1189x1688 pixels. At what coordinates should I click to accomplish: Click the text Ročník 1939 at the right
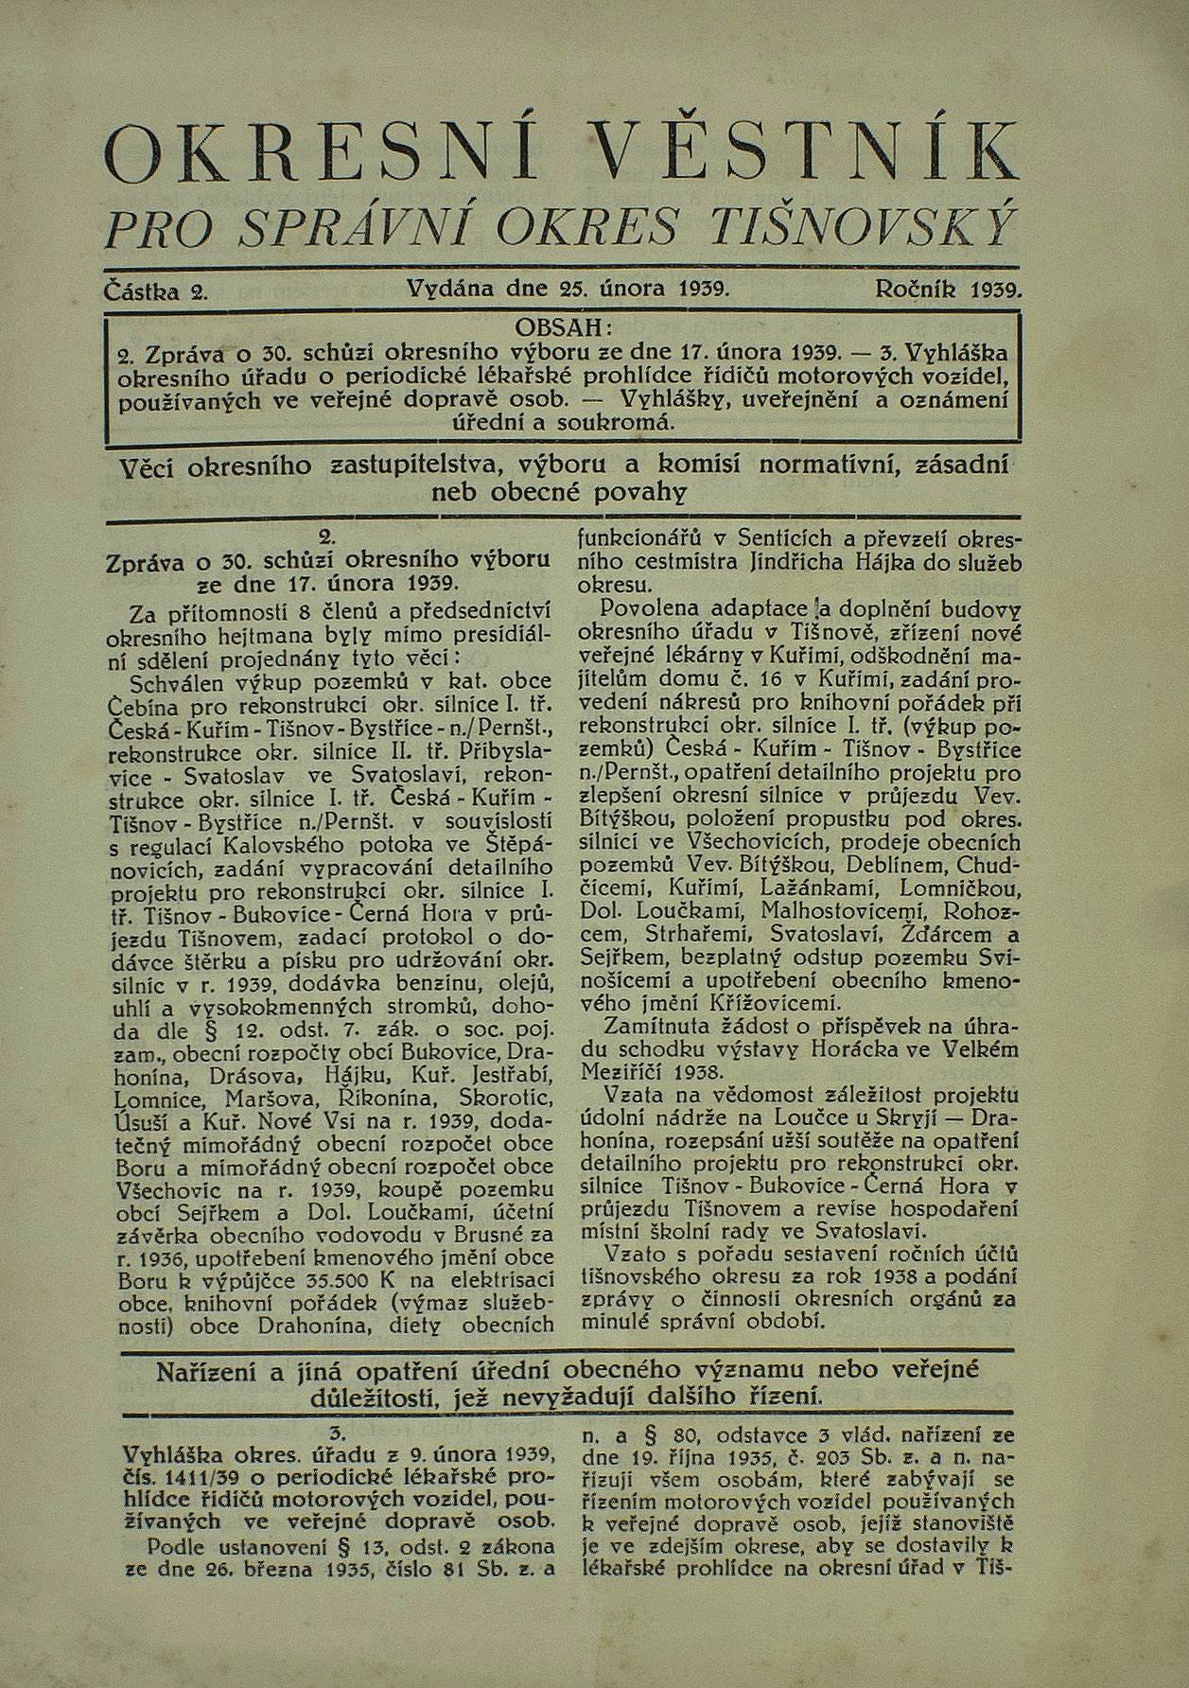pyautogui.click(x=949, y=289)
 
